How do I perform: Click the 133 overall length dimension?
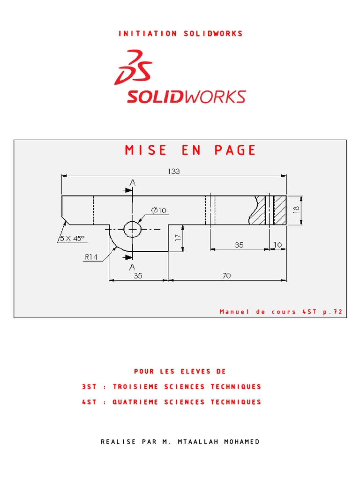[174, 172]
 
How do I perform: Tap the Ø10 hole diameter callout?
[159, 210]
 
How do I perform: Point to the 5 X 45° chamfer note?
[72, 238]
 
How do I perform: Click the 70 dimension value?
[226, 276]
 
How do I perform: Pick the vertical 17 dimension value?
[178, 238]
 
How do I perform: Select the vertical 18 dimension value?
[296, 210]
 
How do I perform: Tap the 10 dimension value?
[278, 245]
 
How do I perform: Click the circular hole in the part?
[133, 229]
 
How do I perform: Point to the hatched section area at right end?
[280, 210]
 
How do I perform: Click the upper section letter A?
[133, 183]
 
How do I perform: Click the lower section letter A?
[132, 267]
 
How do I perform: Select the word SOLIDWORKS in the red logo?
[186, 97]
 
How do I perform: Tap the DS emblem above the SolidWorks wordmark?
[133, 67]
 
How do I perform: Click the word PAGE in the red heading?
[235, 150]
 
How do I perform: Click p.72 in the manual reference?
[333, 312]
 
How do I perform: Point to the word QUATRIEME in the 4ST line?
[135, 402]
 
